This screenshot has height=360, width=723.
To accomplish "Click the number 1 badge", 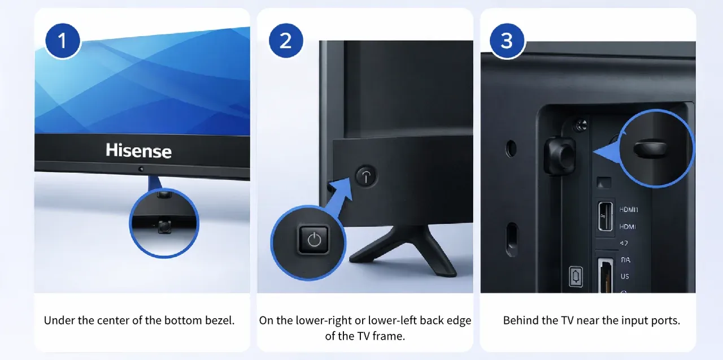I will pyautogui.click(x=62, y=41).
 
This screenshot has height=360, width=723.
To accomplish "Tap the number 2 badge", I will pyautogui.click(x=286, y=41).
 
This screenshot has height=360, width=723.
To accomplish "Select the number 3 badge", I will pyautogui.click(x=507, y=41).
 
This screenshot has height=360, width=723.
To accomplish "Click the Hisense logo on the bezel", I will pyautogui.click(x=138, y=150).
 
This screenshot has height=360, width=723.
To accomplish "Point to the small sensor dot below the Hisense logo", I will pyautogui.click(x=141, y=168).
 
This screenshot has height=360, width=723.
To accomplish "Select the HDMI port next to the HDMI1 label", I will pyautogui.click(x=606, y=215).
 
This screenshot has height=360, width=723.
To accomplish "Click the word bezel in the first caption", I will pyautogui.click(x=219, y=320).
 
